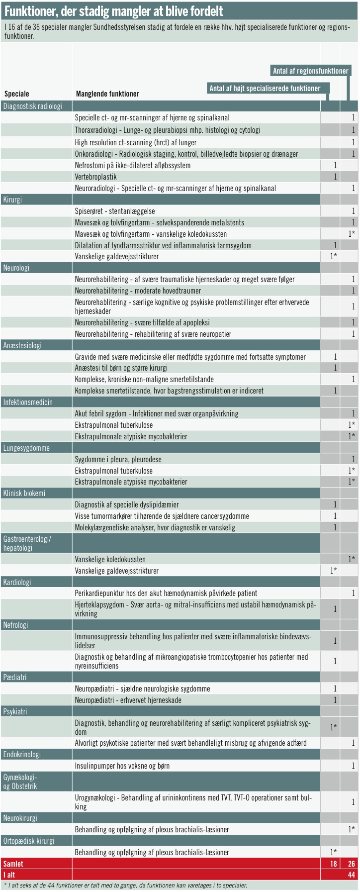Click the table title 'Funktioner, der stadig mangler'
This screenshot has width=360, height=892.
[x=113, y=11]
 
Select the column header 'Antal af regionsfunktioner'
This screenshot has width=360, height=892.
[x=310, y=71]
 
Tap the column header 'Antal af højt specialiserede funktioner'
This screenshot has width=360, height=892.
[x=265, y=89]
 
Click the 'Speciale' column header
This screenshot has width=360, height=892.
[x=17, y=94]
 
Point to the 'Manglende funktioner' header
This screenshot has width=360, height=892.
[x=107, y=94]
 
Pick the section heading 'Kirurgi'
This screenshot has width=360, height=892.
[x=12, y=199]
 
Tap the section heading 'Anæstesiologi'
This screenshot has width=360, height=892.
[x=22, y=345]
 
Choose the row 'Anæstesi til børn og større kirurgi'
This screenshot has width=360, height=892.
[x=121, y=368]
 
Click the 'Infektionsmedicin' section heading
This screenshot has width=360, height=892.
[x=28, y=402]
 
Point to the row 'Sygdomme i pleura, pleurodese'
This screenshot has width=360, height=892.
[x=118, y=459]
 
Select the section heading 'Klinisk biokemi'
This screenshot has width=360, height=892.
[x=24, y=493]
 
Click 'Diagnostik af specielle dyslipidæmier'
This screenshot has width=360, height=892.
[x=127, y=505]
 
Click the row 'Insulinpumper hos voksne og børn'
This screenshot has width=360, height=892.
[x=122, y=766]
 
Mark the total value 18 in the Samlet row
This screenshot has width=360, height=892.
[x=333, y=864]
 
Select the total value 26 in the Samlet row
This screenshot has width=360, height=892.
[x=351, y=864]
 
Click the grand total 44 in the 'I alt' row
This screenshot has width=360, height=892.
[x=351, y=875]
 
